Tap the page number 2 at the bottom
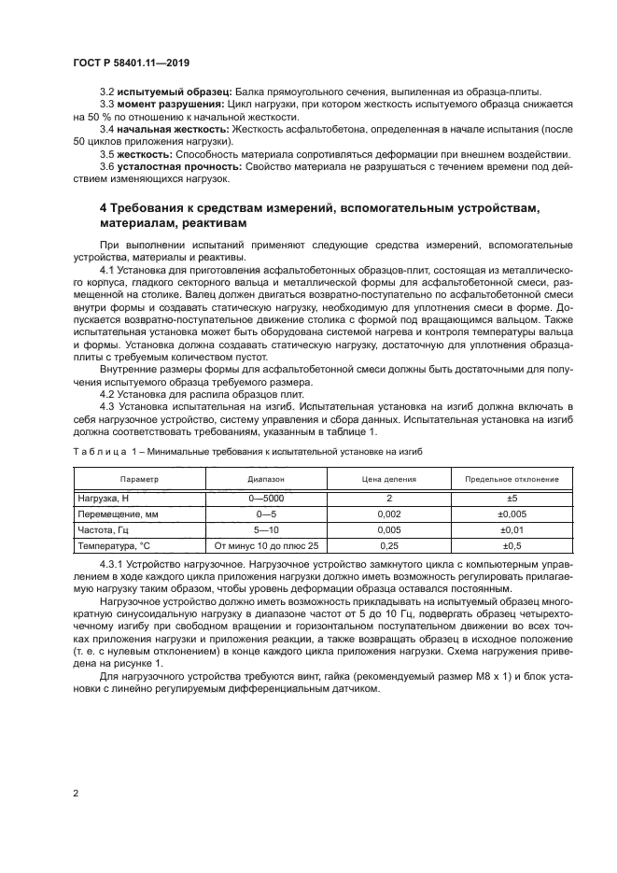(x=76, y=793)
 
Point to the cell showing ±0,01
(x=512, y=528)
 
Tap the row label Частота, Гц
(x=105, y=528)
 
